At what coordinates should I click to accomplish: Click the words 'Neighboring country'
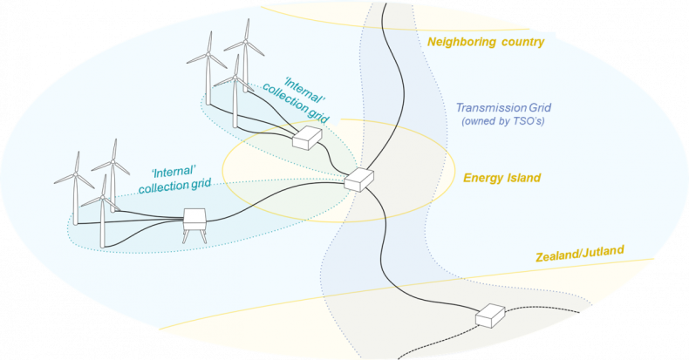point(485,42)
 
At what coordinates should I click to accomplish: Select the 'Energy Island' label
point(501,178)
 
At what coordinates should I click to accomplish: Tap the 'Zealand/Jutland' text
point(581,251)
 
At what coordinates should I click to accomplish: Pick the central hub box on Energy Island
point(358,180)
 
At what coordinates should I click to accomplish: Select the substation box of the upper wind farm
point(306,138)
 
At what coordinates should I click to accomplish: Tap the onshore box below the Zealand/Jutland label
point(491,316)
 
